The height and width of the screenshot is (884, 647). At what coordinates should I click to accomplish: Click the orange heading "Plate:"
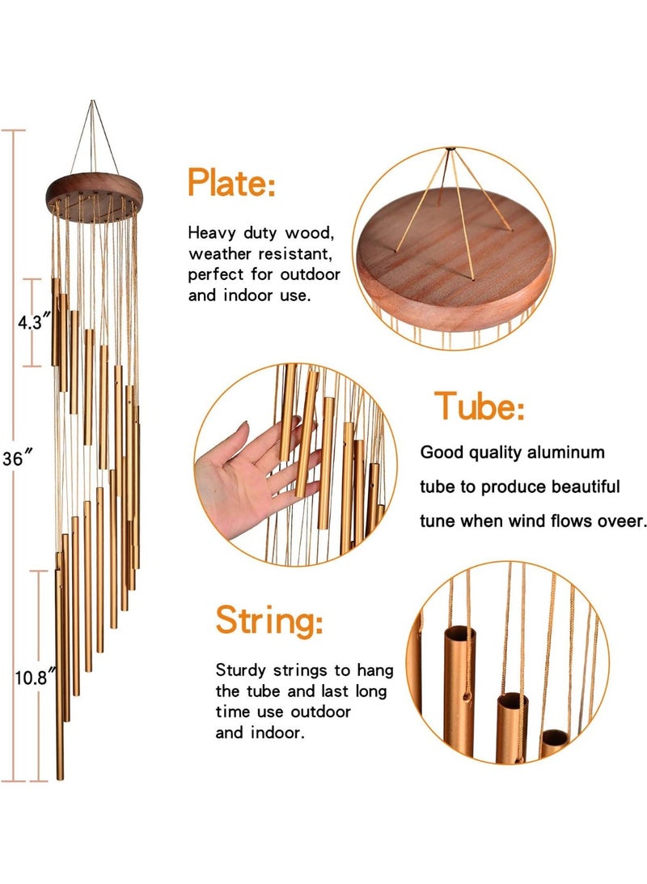[x=231, y=183]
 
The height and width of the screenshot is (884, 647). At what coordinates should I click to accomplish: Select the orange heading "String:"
[x=269, y=622]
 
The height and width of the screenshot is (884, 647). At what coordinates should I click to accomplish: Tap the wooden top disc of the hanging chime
[x=97, y=191]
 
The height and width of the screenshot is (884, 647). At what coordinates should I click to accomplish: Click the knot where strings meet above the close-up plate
[x=450, y=150]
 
